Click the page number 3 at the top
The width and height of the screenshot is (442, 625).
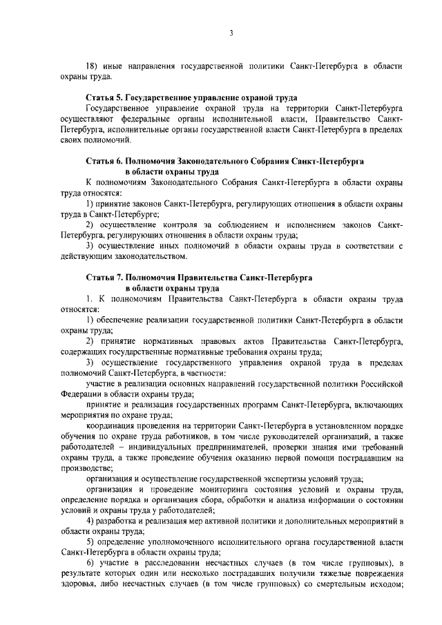[x=232, y=32]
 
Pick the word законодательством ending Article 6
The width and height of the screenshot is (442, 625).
[x=145, y=256]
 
